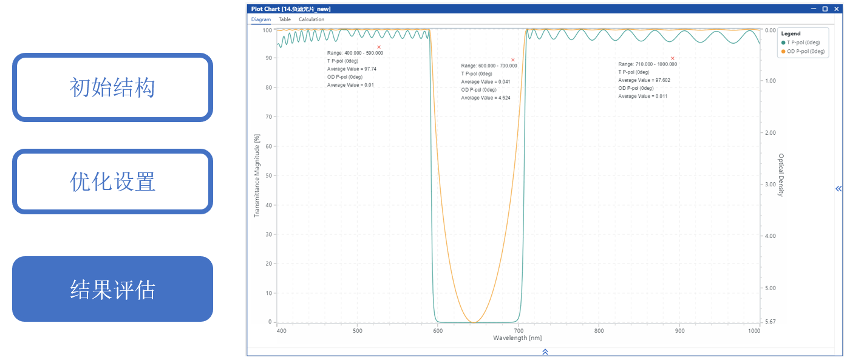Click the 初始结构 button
[112, 87]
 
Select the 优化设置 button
[112, 182]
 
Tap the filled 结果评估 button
[112, 289]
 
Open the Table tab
[285, 19]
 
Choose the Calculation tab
[311, 19]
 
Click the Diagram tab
[261, 19]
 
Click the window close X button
[835, 9]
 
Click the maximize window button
[825, 9]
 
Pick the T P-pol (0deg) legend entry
[803, 43]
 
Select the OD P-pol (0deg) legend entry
[803, 52]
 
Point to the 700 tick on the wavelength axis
[519, 331]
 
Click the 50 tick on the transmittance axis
[269, 175]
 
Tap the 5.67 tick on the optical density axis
[770, 322]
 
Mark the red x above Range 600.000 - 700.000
[513, 60]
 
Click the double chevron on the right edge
[838, 189]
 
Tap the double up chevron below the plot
[545, 352]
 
